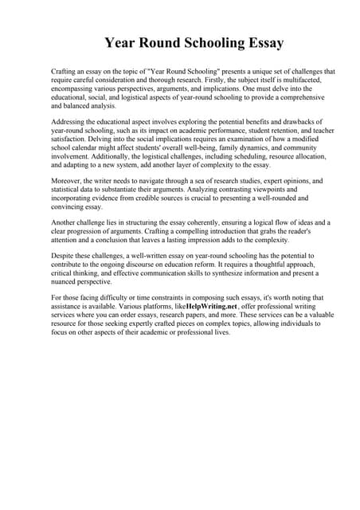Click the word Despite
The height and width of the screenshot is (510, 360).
64,256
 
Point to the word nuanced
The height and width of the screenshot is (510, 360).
67,281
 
